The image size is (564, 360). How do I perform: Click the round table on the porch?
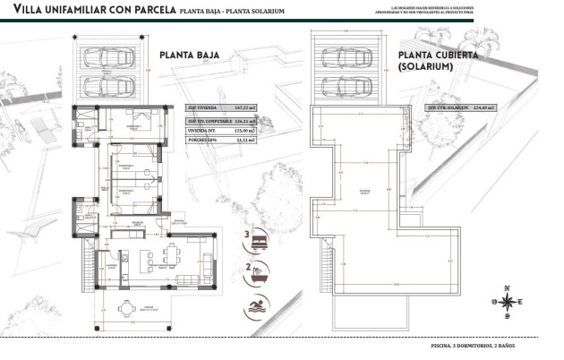tap(128, 310)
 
